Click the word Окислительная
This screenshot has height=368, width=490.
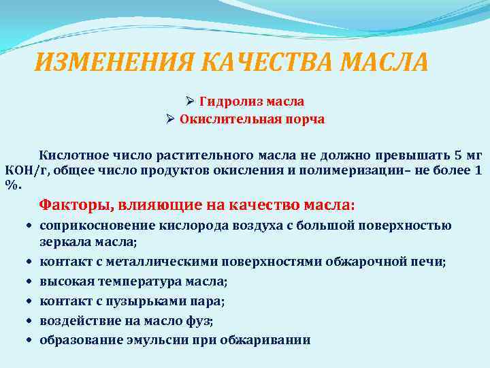tap(231, 119)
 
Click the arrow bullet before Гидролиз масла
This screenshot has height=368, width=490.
tap(191, 101)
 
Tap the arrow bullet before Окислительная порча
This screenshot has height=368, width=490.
tap(171, 119)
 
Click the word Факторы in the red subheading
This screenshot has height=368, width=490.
tap(76, 204)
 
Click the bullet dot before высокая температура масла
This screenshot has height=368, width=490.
tap(32, 281)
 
